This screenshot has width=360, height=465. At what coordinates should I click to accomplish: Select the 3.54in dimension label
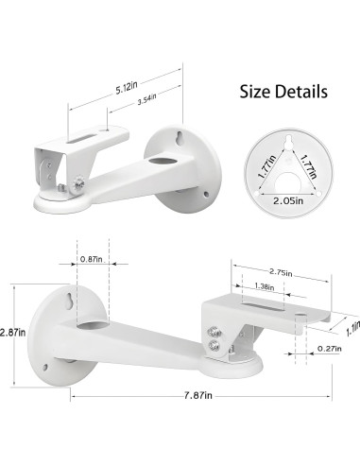[145, 98]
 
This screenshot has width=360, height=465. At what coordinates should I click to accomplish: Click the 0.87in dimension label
[93, 260]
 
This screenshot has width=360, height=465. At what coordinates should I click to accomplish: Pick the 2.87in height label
[13, 334]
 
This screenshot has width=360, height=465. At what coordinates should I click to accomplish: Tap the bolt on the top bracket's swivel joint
[74, 179]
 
